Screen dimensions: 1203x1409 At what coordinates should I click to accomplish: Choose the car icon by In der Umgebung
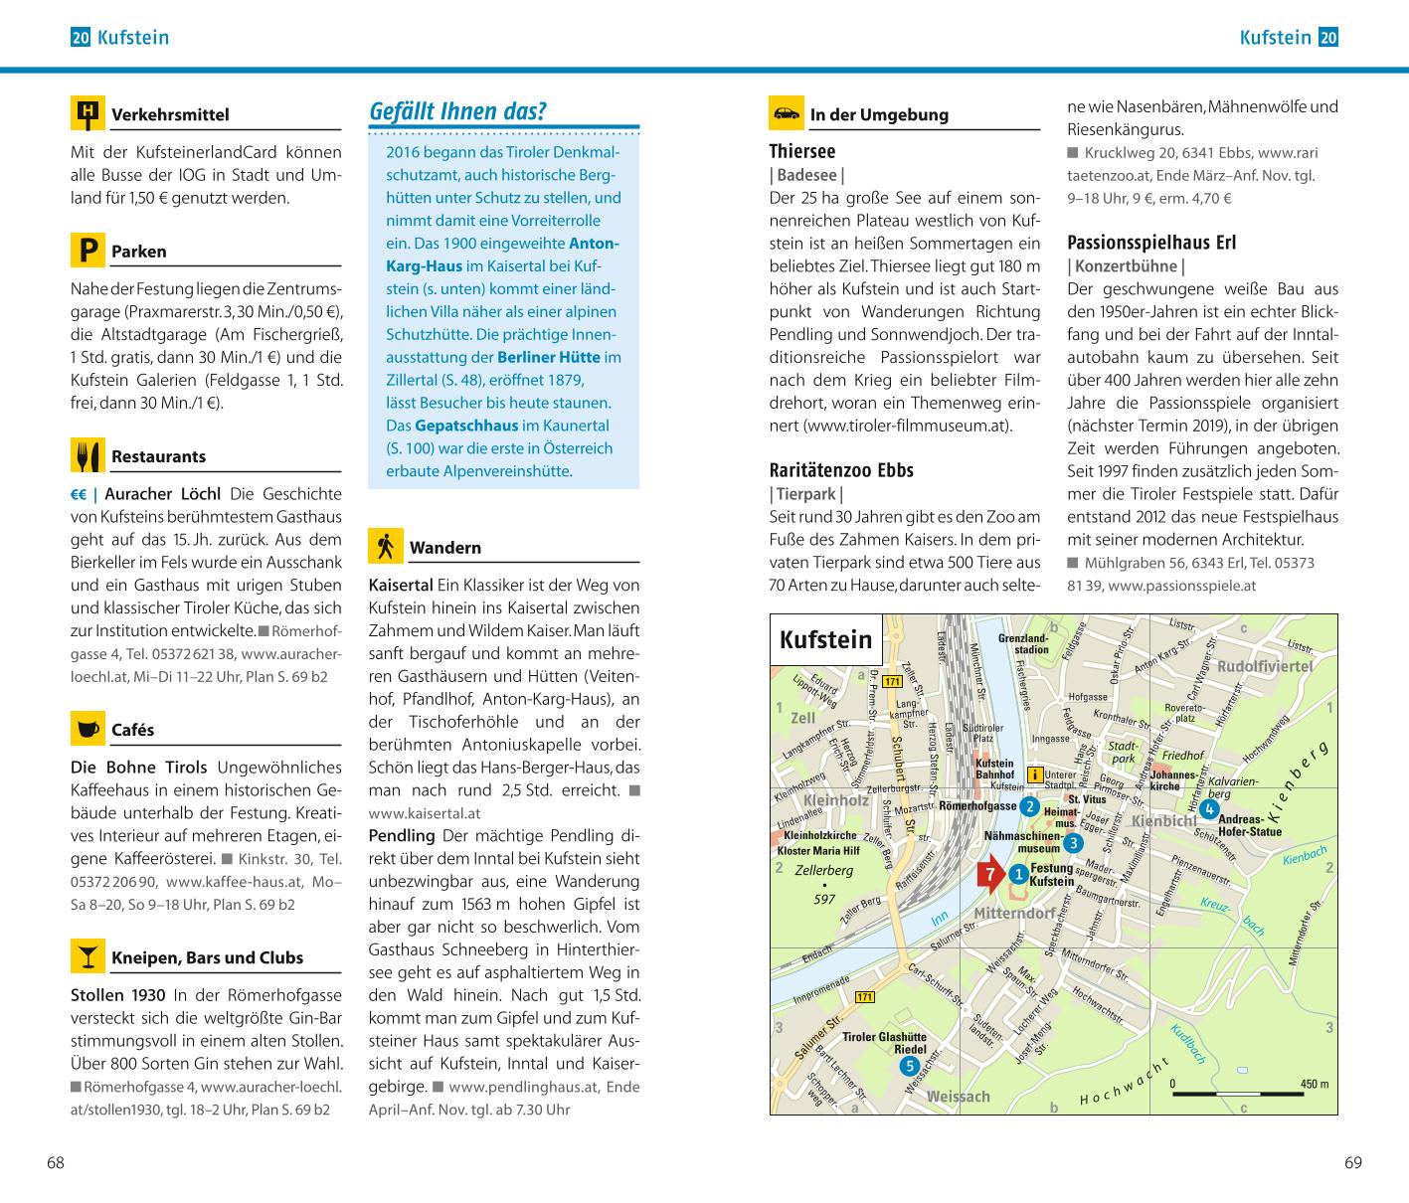787,113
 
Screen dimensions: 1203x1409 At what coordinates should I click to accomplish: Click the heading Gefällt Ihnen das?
457,111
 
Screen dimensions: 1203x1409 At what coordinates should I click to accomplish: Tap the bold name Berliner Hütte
549,357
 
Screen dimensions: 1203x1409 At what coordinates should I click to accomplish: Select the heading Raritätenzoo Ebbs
841,470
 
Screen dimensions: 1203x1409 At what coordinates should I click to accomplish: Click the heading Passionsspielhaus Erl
1151,243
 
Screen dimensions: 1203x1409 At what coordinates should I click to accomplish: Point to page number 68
56,1162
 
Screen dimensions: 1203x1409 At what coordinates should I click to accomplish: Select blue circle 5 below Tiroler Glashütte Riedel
909,1066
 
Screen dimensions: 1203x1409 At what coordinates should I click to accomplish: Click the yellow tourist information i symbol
1034,775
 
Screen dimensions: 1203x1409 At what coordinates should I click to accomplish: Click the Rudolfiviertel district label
1265,666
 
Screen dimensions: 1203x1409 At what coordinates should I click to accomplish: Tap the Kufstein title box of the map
826,640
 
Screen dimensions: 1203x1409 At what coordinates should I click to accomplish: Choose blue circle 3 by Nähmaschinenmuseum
1073,844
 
